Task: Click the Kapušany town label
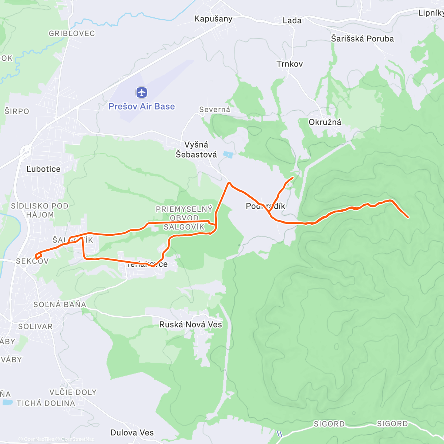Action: (213, 19)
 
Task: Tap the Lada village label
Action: (292, 21)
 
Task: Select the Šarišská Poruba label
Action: (362, 39)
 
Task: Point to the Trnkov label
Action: (290, 64)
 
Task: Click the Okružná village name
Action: (325, 122)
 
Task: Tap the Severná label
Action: (215, 110)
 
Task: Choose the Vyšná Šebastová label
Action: (196, 150)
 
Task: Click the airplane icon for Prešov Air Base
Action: (142, 92)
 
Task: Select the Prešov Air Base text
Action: (141, 107)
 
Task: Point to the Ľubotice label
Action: (43, 169)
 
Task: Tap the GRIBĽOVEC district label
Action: (72, 34)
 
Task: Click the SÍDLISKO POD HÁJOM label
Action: (40, 210)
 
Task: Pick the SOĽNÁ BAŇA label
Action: (60, 305)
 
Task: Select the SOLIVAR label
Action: (36, 327)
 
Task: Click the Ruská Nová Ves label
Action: (191, 325)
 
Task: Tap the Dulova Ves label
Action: (132, 433)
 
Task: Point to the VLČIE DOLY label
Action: (73, 392)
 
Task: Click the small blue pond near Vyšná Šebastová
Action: (228, 155)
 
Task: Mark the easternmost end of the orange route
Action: (408, 217)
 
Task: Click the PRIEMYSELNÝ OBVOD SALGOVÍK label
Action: (184, 218)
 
